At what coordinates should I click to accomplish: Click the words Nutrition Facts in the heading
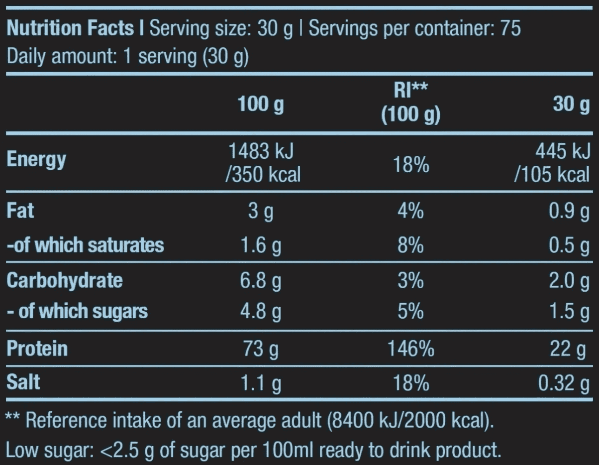tap(73, 29)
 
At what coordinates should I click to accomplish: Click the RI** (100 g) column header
tap(410, 106)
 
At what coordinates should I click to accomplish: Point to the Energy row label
tap(36, 161)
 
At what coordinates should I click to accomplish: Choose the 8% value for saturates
tap(410, 245)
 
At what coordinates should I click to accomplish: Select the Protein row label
tap(37, 349)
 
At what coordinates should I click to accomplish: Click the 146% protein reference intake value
tap(410, 350)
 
